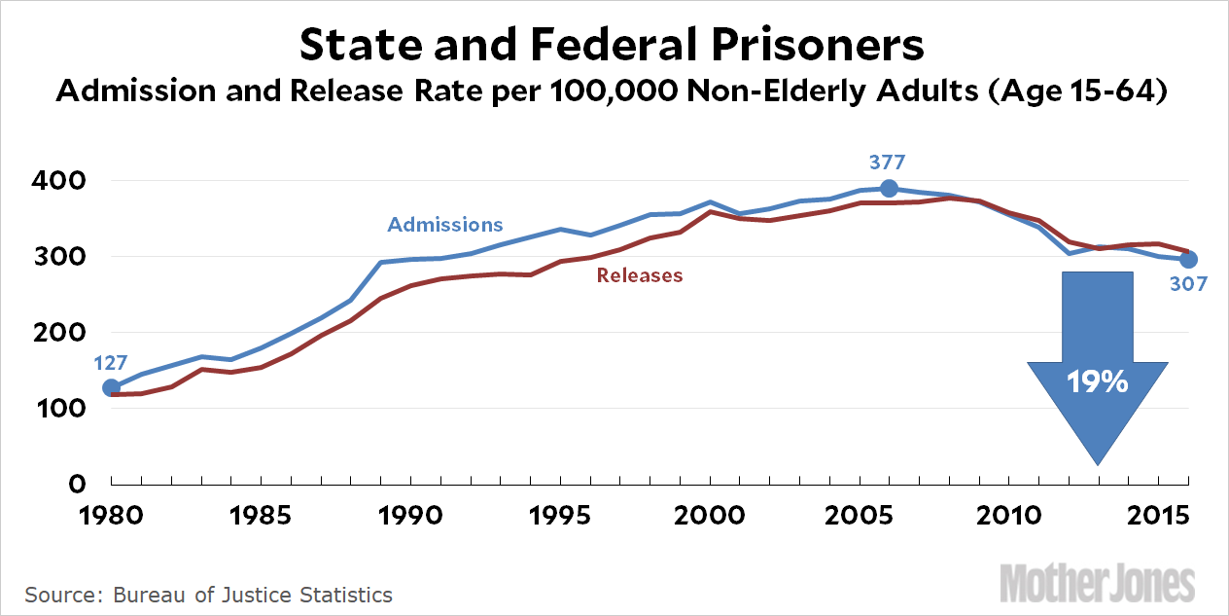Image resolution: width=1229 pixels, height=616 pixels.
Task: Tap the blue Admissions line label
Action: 445,225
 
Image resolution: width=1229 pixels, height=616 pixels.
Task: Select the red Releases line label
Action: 640,275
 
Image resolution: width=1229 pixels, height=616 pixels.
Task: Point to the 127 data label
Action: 111,364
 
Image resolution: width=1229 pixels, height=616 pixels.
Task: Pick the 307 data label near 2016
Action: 1188,285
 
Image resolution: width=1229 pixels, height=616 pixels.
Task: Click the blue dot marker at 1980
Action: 112,388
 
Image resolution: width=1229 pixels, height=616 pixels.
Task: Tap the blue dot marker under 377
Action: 889,188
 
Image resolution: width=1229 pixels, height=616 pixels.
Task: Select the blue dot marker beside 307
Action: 1188,260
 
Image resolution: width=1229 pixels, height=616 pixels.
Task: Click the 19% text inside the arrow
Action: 1098,382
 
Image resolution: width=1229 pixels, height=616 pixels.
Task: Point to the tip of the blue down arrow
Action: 1098,463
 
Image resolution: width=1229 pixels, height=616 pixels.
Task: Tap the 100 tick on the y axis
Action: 64,409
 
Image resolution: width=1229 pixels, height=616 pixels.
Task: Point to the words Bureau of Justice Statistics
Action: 254,594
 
